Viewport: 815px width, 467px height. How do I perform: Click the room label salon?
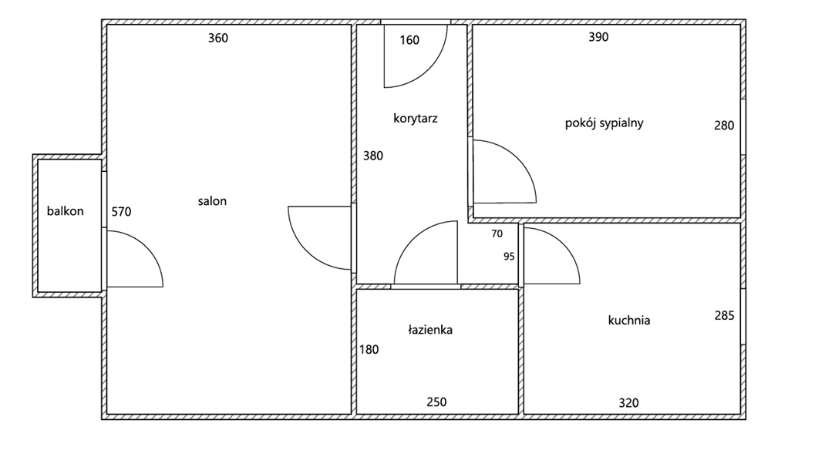[212, 201]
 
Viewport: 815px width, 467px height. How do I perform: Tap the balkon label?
[65, 211]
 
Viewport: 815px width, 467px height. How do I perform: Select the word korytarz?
[416, 119]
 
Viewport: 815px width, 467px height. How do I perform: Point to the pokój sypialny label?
[604, 123]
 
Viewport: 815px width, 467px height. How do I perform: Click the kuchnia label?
[628, 320]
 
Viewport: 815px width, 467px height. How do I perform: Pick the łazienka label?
[430, 330]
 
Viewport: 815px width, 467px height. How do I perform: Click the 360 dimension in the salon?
[218, 39]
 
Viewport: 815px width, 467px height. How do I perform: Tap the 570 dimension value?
[122, 211]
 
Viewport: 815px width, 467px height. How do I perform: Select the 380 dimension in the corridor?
[373, 155]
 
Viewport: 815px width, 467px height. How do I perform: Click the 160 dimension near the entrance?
[409, 40]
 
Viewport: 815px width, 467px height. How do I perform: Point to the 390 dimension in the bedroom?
[598, 37]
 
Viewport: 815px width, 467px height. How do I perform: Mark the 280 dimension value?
[724, 126]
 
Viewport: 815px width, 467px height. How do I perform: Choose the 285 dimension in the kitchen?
[724, 315]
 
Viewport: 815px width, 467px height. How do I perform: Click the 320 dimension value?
[628, 402]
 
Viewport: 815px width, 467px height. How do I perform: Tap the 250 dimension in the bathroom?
[436, 401]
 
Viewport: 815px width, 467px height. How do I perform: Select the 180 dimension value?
[369, 349]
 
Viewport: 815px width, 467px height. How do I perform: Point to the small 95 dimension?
[509, 257]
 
